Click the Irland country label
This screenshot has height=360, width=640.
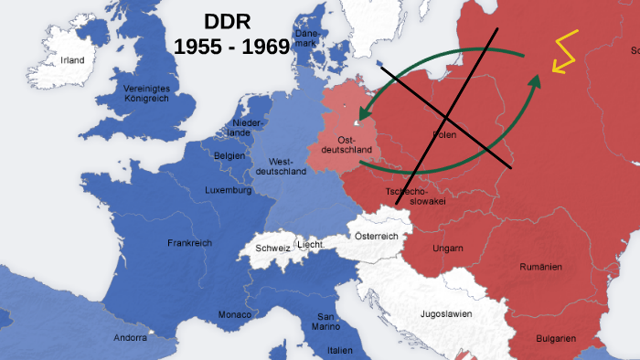tap(72, 60)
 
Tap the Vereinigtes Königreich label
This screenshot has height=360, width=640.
tap(147, 93)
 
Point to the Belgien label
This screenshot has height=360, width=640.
tap(229, 156)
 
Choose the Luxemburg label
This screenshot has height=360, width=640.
tap(228, 191)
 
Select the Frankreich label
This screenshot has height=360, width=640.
tap(189, 243)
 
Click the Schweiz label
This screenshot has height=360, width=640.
tap(272, 248)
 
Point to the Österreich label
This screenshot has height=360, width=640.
tap(377, 236)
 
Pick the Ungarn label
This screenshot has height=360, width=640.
tap(448, 248)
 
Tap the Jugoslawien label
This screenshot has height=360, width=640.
tap(445, 313)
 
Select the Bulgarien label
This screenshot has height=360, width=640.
tap(555, 339)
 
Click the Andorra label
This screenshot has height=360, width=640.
tap(131, 337)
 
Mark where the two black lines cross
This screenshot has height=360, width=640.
tap(446, 119)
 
